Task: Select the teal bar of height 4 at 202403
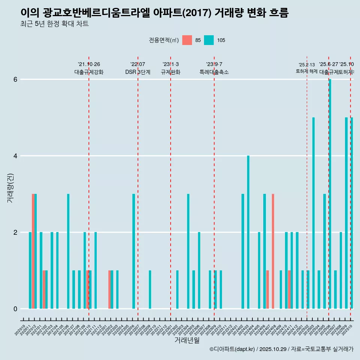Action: (x=248, y=232)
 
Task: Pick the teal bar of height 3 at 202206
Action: (x=133, y=251)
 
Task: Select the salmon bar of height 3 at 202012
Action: (x=33, y=251)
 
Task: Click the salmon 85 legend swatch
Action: (x=187, y=40)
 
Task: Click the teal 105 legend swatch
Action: (x=209, y=40)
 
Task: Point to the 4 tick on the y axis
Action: (x=15, y=156)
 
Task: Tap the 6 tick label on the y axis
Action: (x=15, y=79)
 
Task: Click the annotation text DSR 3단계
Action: (x=138, y=72)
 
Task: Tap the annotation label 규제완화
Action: (x=171, y=72)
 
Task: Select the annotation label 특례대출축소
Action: (x=214, y=72)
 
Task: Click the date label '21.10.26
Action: (x=89, y=64)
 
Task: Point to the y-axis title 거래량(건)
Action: (x=10, y=187)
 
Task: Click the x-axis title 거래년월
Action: (x=187, y=340)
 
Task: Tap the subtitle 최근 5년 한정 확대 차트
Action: (x=55, y=24)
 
